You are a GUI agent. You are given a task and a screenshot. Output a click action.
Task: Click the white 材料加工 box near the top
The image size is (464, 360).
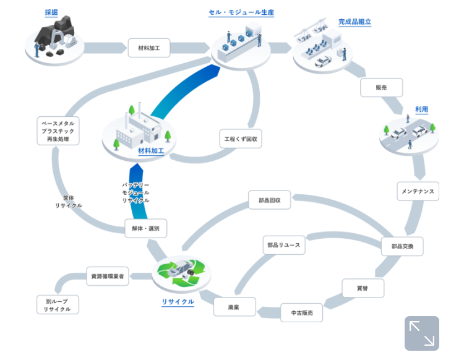pos(149,48)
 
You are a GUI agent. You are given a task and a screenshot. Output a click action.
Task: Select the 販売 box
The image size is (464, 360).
pos(381,88)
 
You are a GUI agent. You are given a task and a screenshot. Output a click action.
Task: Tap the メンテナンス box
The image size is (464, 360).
pos(418,191)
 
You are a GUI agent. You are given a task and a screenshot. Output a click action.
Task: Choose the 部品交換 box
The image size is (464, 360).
pos(402,246)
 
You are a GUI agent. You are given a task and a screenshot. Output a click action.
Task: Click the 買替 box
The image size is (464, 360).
pos(363,288)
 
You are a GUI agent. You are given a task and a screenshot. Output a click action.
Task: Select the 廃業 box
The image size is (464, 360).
pos(234,307)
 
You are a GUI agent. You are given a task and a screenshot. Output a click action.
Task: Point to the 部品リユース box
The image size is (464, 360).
pos(283,245)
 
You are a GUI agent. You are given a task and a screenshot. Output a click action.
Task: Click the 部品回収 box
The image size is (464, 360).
pos(269,200)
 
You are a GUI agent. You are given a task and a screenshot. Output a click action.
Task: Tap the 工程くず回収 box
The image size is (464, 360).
pos(241,139)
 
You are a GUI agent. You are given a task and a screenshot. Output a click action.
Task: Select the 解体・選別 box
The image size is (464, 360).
pos(146,228)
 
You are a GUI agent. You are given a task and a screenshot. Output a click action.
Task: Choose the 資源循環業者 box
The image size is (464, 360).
pos(108,276)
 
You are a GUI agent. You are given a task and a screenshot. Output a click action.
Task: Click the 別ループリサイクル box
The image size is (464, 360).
pos(58,304)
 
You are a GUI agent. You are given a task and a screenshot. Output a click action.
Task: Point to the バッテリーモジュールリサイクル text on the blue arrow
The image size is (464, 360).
pos(135,193)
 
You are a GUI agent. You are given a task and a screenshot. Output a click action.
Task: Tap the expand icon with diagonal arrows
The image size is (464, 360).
pos(422,333)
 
